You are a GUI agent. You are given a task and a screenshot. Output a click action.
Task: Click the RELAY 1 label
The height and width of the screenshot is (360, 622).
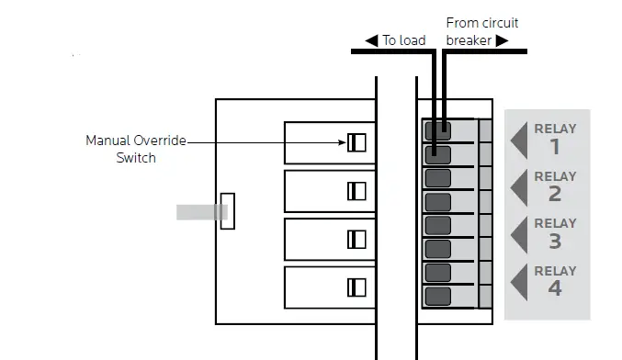[555, 139]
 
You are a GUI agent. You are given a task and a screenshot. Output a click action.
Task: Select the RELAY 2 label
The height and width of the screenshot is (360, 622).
[555, 186]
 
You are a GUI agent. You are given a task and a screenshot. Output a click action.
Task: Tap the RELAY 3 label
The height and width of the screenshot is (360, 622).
[555, 232]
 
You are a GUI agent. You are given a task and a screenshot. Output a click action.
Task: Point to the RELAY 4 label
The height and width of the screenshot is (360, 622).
[555, 280]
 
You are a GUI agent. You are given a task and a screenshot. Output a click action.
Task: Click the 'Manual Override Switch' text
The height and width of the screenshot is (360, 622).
[135, 149]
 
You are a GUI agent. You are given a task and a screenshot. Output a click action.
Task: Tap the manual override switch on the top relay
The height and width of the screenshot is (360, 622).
[356, 142]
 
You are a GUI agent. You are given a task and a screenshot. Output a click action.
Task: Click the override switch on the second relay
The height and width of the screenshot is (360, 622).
[356, 190]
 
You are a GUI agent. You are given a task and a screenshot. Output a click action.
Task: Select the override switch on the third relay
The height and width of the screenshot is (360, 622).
[356, 239]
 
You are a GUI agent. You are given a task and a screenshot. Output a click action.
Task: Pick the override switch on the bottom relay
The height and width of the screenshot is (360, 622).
[356, 287]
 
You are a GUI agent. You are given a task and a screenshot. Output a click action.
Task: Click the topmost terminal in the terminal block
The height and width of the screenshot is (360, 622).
[438, 130]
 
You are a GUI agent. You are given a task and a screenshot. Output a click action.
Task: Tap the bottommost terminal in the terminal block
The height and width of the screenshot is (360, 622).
[438, 297]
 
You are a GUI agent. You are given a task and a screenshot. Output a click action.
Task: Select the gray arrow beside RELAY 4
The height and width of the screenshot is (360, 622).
[518, 281]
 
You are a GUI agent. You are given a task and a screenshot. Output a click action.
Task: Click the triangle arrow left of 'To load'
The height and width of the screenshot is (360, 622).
[371, 40]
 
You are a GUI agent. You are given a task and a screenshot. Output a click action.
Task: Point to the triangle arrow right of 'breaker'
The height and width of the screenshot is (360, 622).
[502, 40]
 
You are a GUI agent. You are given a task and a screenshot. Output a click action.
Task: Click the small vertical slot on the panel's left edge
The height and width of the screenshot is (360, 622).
[228, 211]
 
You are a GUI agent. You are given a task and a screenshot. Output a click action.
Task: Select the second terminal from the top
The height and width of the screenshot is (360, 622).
[438, 153]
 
